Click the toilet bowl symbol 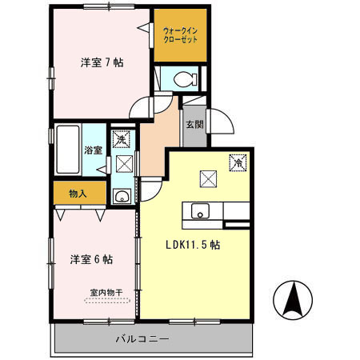[x=185, y=79]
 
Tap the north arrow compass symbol [x=293, y=299]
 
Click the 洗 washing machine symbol [x=121, y=139]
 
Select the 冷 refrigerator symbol [x=238, y=162]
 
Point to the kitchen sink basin [x=200, y=211]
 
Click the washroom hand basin [x=122, y=196]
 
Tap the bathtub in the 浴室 [x=69, y=150]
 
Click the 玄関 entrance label [x=194, y=124]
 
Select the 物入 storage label [x=78, y=194]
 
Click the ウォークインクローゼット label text [x=180, y=35]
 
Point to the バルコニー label [x=142, y=339]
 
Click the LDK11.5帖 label [x=193, y=245]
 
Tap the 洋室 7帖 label [x=102, y=62]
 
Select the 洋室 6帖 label [x=91, y=259]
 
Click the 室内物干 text [x=106, y=293]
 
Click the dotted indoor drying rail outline [x=107, y=301]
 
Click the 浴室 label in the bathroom [x=93, y=150]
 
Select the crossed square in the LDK [x=208, y=178]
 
